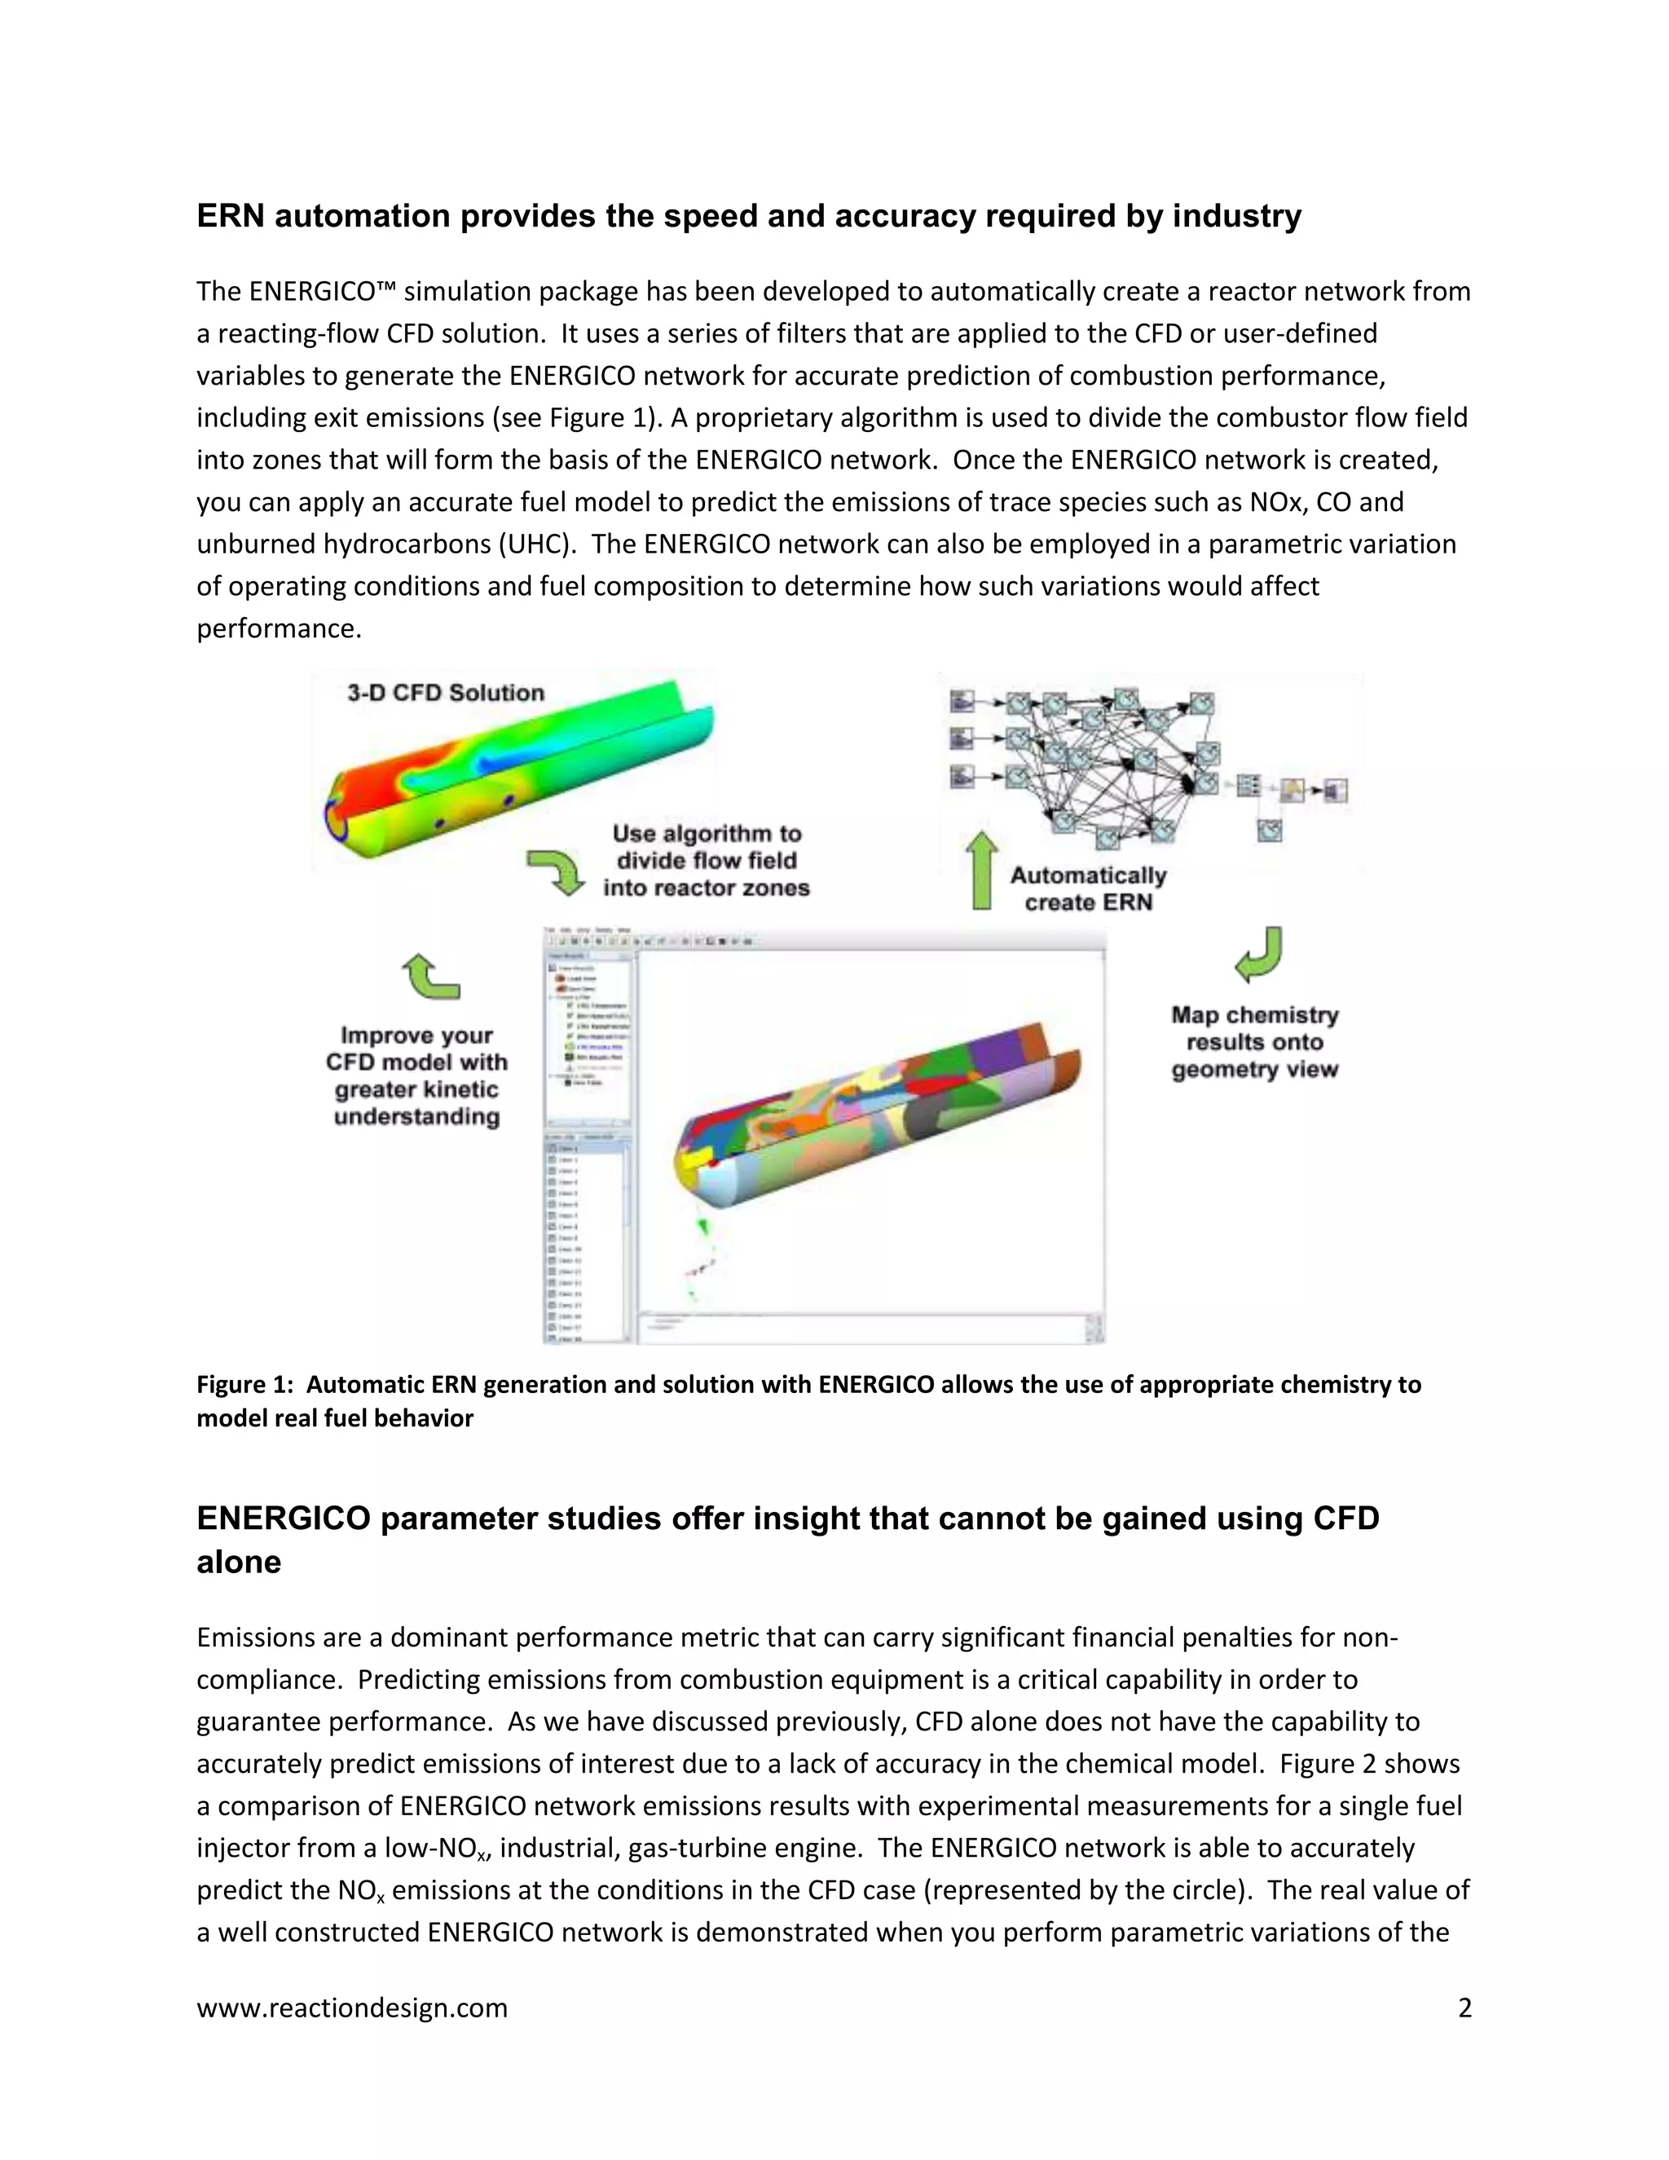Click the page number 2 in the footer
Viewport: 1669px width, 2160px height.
coord(1464,2008)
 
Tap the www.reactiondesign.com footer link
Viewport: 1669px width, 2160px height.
coord(352,2008)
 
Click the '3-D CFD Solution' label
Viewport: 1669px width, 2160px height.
coord(445,692)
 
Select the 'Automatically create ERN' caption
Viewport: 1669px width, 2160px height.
coord(1088,888)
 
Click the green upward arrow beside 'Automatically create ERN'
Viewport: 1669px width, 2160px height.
coord(982,871)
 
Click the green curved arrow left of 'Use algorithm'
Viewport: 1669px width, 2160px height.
coord(555,871)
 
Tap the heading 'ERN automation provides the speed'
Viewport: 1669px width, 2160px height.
coord(748,216)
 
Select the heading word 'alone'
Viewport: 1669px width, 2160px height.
coord(238,1562)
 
